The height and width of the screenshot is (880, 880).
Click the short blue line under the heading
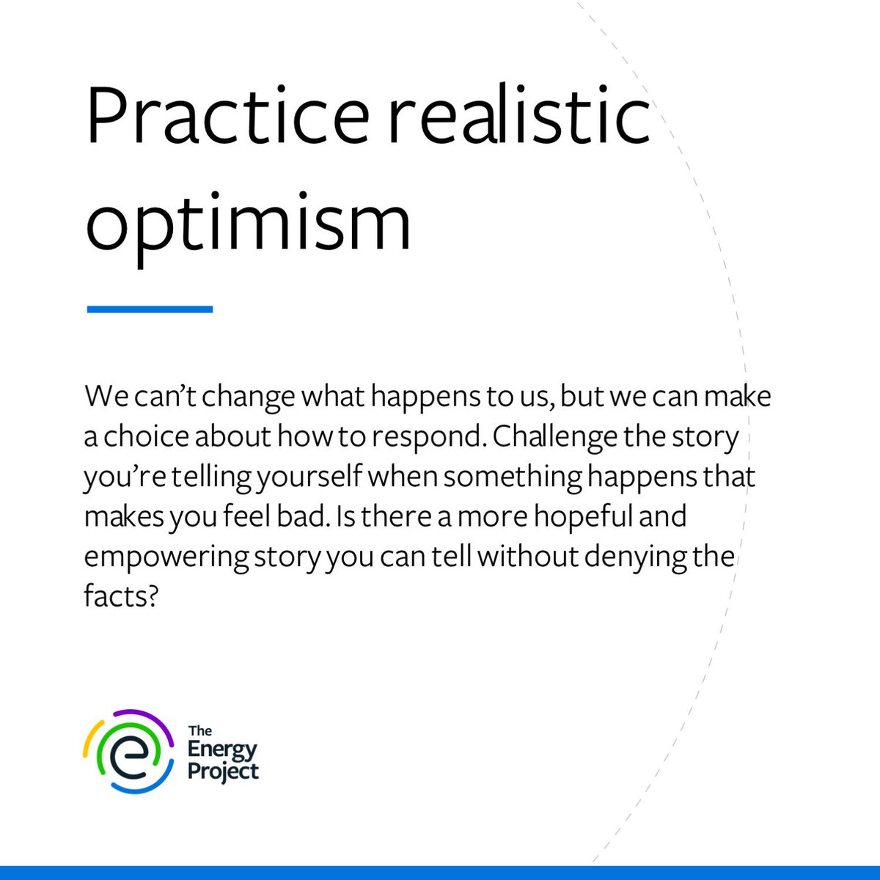pos(150,309)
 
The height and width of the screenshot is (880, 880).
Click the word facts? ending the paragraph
pos(121,597)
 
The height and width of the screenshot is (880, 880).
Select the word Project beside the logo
pos(223,772)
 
